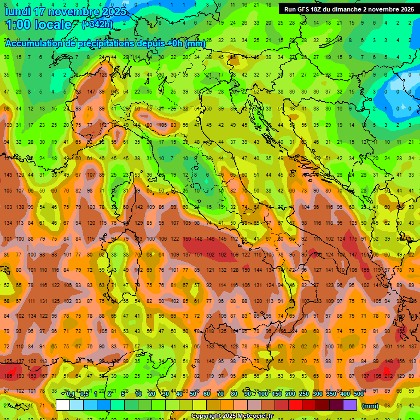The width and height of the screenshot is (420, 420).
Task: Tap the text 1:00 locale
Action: [38, 25]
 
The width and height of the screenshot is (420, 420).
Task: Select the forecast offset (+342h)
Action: [98, 25]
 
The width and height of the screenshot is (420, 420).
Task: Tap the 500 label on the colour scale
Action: [358, 394]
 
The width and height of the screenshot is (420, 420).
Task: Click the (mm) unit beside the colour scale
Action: [370, 406]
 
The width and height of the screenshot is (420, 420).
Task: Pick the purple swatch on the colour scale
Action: [351, 405]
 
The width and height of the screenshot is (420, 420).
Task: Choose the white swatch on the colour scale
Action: [63, 405]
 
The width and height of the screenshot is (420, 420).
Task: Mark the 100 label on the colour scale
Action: [262, 394]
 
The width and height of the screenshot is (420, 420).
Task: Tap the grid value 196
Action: [377, 376]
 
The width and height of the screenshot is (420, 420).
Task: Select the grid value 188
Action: [7, 376]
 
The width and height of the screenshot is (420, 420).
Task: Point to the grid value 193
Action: [20, 376]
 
